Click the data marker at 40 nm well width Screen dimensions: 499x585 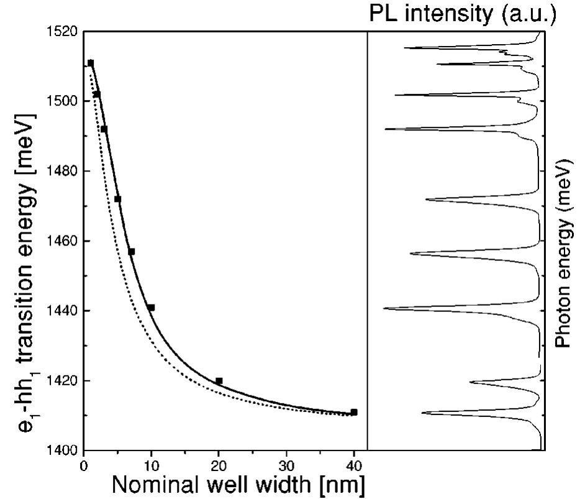pos(354,412)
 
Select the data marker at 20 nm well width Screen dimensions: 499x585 pos(219,380)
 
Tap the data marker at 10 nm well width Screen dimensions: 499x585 pos(151,307)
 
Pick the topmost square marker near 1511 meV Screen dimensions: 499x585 pos(91,63)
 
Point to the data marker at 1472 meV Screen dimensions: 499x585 pos(117,199)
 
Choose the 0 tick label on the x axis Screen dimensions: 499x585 pos(84,463)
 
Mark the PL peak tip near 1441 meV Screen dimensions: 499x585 pos(384,308)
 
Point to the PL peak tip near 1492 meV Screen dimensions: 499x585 pos(386,129)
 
